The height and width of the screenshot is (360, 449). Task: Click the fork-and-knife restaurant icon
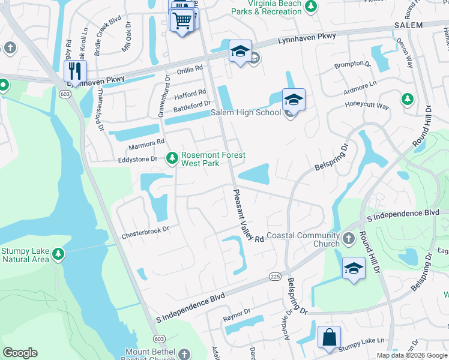pyautogui.click(x=75, y=71)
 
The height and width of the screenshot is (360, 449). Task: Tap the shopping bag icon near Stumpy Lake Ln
pyautogui.click(x=330, y=337)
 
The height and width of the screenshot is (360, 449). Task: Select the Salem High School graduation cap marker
pyautogui.click(x=294, y=99)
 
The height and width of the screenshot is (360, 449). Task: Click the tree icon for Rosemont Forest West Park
pyautogui.click(x=172, y=158)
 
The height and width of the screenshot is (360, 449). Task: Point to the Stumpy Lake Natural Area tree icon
pyautogui.click(x=58, y=254)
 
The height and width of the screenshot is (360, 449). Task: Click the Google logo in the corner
pyautogui.click(x=20, y=353)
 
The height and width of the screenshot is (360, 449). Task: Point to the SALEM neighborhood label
pyautogui.click(x=408, y=25)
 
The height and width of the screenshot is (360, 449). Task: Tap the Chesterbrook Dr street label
pyautogui.click(x=146, y=229)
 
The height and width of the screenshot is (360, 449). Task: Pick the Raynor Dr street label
pyautogui.click(x=236, y=314)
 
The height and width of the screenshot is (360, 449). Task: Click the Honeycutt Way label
pyautogui.click(x=367, y=106)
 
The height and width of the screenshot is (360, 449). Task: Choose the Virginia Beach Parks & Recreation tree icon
pyautogui.click(x=310, y=6)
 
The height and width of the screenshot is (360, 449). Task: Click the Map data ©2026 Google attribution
pyautogui.click(x=412, y=355)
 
